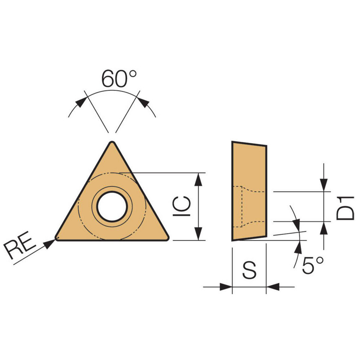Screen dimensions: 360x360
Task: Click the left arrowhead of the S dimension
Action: (225, 287)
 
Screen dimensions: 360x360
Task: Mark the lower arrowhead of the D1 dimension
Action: (325, 228)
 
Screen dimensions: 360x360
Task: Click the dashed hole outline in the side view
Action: (242, 207)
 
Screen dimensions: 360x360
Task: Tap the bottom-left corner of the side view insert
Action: (232, 240)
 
